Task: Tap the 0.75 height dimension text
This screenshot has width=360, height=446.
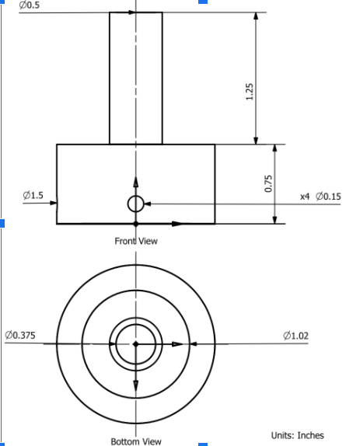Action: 269,183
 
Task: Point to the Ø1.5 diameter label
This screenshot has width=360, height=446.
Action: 33,194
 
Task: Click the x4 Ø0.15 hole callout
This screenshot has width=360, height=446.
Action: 320,196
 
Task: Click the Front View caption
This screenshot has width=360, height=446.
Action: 136,241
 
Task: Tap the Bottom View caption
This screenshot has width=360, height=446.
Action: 136,441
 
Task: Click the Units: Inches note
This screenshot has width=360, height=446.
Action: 297,435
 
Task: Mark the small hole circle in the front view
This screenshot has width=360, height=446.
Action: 135,204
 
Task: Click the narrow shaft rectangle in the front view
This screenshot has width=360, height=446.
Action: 135,78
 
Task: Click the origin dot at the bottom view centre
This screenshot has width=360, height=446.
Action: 135,343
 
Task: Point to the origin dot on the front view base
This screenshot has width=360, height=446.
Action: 135,224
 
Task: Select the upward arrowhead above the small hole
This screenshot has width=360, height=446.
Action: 135,182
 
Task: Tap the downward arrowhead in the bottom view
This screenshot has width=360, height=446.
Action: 135,385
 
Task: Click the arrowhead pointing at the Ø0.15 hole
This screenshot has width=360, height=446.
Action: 149,204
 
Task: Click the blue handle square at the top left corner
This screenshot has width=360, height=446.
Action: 2,2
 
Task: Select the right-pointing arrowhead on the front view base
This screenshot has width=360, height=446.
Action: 177,224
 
